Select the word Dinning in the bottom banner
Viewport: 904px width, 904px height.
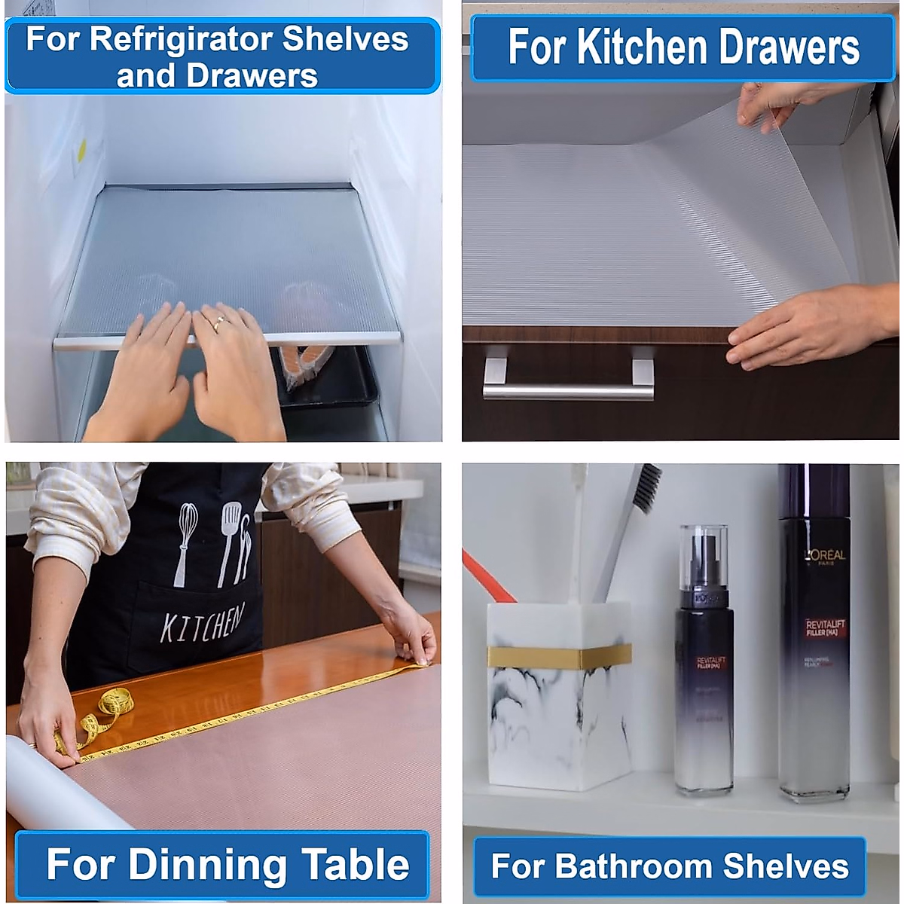[207, 864]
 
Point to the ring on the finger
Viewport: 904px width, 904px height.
[218, 322]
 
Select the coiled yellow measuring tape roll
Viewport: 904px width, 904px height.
[113, 708]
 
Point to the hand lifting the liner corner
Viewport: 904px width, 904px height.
[776, 102]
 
